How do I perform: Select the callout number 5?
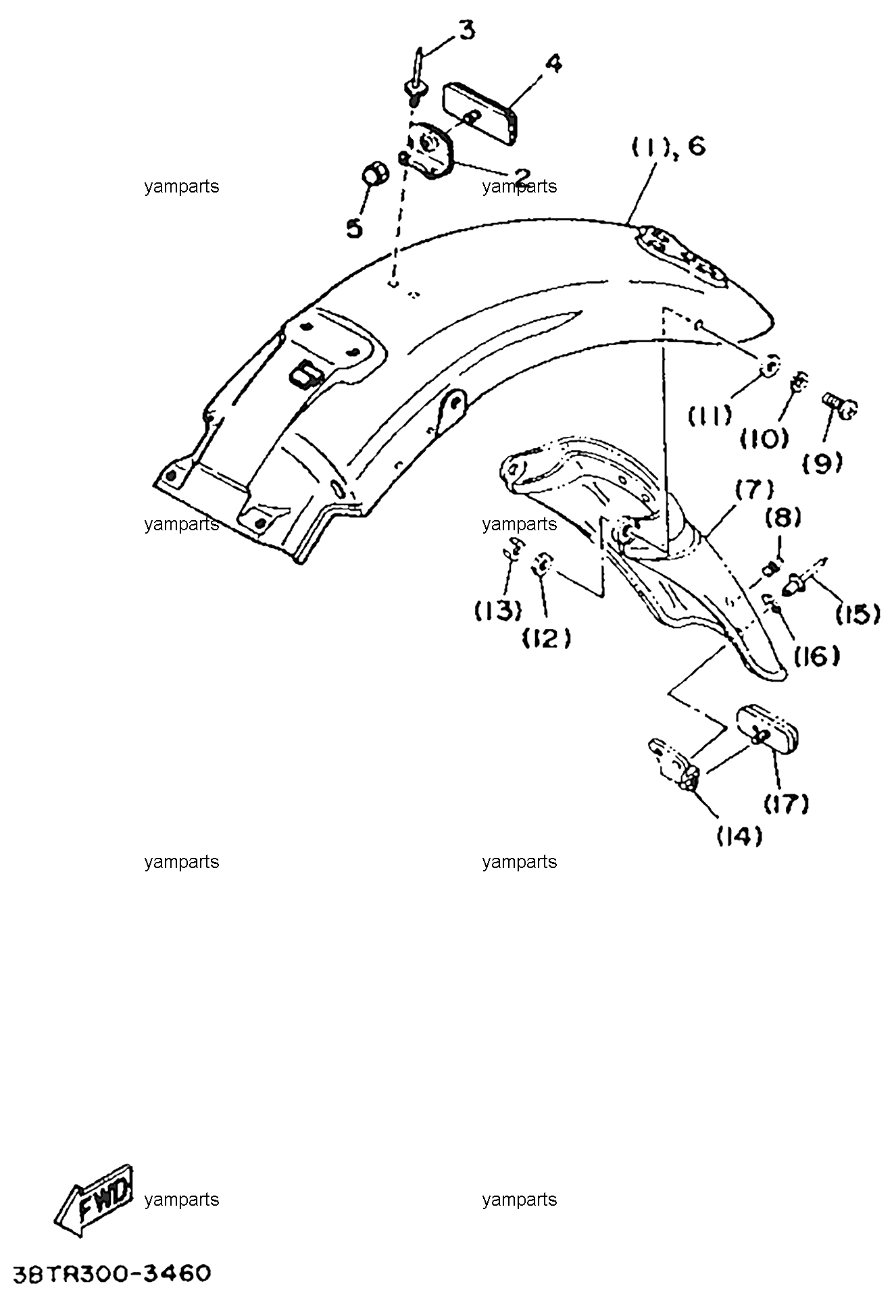coord(353,228)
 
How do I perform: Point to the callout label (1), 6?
coord(668,146)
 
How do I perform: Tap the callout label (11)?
coord(710,415)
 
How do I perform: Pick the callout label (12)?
coord(547,637)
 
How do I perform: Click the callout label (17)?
coord(787,802)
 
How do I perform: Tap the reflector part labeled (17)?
coord(768,725)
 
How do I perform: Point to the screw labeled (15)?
coord(808,573)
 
